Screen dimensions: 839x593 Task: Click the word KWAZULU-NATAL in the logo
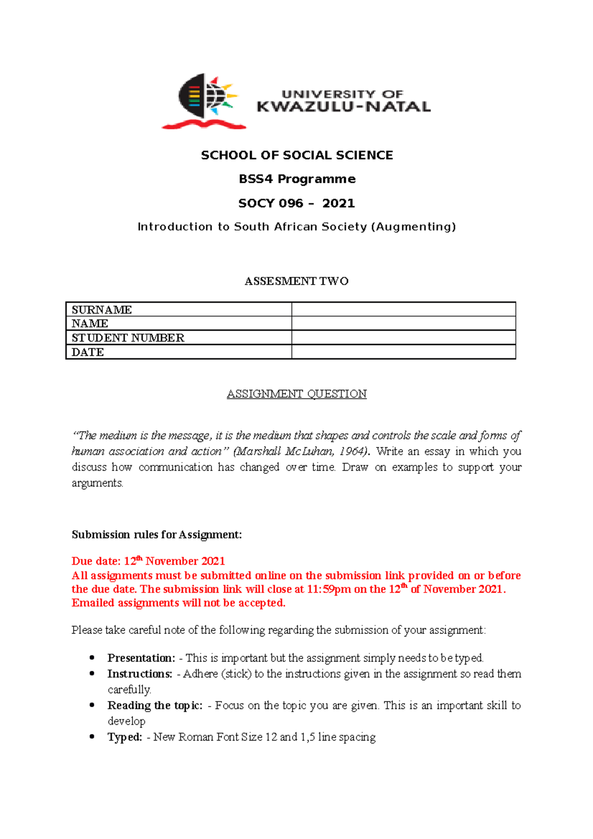pyautogui.click(x=343, y=107)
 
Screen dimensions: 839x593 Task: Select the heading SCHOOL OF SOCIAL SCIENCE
pyautogui.click(x=296, y=155)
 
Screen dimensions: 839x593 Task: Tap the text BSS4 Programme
pyautogui.click(x=296, y=179)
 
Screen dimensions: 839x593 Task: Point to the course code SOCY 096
pyautogui.click(x=270, y=203)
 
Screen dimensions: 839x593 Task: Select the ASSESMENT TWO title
pyautogui.click(x=296, y=281)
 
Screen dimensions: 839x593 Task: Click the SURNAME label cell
pyautogui.click(x=178, y=310)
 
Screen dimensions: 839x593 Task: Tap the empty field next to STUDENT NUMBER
pyautogui.click(x=403, y=338)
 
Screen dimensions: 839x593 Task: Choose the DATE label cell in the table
pyautogui.click(x=178, y=352)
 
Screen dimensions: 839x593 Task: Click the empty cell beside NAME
pyautogui.click(x=403, y=324)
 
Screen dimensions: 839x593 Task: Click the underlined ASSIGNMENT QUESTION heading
pyautogui.click(x=296, y=394)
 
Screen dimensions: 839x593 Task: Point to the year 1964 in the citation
pyautogui.click(x=353, y=452)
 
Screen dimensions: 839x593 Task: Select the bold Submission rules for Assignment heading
pyautogui.click(x=157, y=535)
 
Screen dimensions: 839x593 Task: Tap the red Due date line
pyautogui.click(x=148, y=561)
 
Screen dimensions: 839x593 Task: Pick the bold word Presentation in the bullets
pyautogui.click(x=141, y=658)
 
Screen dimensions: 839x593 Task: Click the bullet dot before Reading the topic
pyautogui.click(x=92, y=705)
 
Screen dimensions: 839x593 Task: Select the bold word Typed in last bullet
pyautogui.click(x=125, y=737)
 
